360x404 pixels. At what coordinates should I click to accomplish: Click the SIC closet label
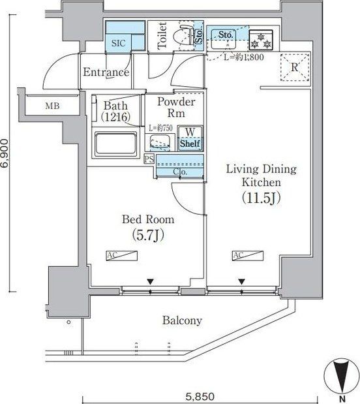[x=118, y=42]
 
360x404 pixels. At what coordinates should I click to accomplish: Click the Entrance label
[x=105, y=72]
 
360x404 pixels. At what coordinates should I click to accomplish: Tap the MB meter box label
[x=53, y=105]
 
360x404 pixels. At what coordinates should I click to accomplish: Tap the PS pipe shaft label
[x=149, y=159]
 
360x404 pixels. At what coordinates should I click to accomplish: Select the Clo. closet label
[x=181, y=172]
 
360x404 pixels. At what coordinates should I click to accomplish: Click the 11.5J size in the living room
[x=261, y=196]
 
